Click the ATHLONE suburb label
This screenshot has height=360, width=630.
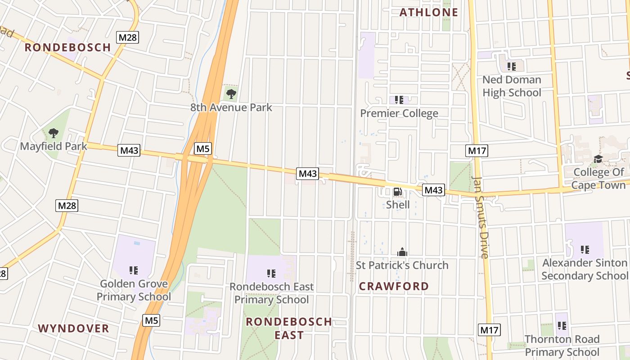click(x=428, y=12)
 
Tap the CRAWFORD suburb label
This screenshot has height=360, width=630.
click(x=394, y=286)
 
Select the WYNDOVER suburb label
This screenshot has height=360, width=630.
click(x=74, y=328)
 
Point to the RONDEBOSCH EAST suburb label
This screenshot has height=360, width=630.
click(x=289, y=328)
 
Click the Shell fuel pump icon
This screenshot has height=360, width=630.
click(x=398, y=192)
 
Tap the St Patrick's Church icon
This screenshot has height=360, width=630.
click(x=402, y=252)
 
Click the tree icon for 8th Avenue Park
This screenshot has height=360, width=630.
click(x=231, y=94)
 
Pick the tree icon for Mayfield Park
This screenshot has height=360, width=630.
click(x=54, y=133)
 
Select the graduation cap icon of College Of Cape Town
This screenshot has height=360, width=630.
click(x=598, y=159)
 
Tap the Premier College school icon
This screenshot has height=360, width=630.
click(x=399, y=99)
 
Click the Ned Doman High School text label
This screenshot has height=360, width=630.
click(x=512, y=86)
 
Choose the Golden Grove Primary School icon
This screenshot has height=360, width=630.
click(x=134, y=270)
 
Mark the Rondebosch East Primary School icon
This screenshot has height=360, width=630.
click(x=271, y=274)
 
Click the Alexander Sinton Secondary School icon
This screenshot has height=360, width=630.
click(x=585, y=249)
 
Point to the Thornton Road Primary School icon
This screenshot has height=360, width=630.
click(x=562, y=325)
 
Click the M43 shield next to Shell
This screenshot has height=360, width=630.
click(x=433, y=190)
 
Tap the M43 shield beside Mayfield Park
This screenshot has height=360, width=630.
click(x=129, y=150)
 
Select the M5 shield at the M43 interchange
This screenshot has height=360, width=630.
click(x=203, y=148)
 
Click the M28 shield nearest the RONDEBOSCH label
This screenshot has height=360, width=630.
click(x=127, y=37)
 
